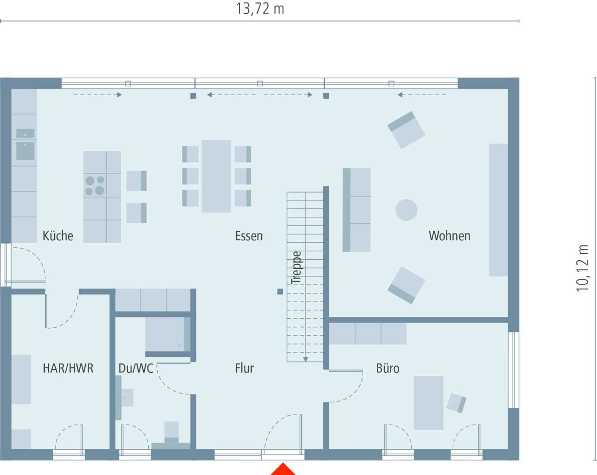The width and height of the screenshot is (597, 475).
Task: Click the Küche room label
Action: point(58,236)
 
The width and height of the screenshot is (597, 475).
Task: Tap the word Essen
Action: point(249,236)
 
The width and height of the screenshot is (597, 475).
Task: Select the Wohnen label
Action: point(450,236)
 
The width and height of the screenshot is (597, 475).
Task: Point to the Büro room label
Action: point(388,368)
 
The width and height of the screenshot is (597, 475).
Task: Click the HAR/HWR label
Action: point(68,368)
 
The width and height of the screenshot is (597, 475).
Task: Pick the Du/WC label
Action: point(136,368)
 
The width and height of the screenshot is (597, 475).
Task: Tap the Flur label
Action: point(244,368)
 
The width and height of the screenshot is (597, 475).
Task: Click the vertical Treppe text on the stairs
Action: point(296,267)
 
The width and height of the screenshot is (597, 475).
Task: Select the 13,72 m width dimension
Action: point(260,9)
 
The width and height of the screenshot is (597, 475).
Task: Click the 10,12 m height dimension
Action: point(582,268)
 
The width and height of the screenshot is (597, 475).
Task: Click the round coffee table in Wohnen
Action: point(406,210)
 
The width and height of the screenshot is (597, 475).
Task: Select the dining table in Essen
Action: point(216,176)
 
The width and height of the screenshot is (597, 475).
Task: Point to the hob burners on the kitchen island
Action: point(95,185)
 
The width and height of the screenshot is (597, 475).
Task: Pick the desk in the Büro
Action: point(429,403)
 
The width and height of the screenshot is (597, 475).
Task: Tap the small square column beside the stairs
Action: point(280,291)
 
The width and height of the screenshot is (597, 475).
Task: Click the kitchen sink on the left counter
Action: point(25,144)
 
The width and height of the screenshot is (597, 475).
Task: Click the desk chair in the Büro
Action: point(456,403)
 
